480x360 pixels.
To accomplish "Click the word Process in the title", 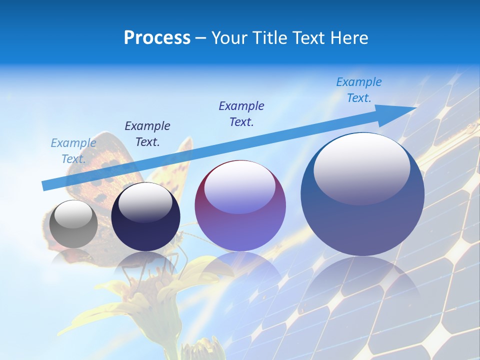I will point(157,38).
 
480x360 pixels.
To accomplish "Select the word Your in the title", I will point(228,38).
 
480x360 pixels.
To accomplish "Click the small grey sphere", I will point(73,224).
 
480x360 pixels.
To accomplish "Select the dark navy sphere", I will point(145,220).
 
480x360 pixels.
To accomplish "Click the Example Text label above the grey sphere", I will point(73,151).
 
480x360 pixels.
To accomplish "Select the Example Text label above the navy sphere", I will point(147,134).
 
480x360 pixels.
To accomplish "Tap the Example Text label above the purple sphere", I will point(241,114).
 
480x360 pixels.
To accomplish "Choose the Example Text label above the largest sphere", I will point(359,90).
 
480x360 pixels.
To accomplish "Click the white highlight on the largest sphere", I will point(361,167).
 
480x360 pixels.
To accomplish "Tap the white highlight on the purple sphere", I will point(240,187).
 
